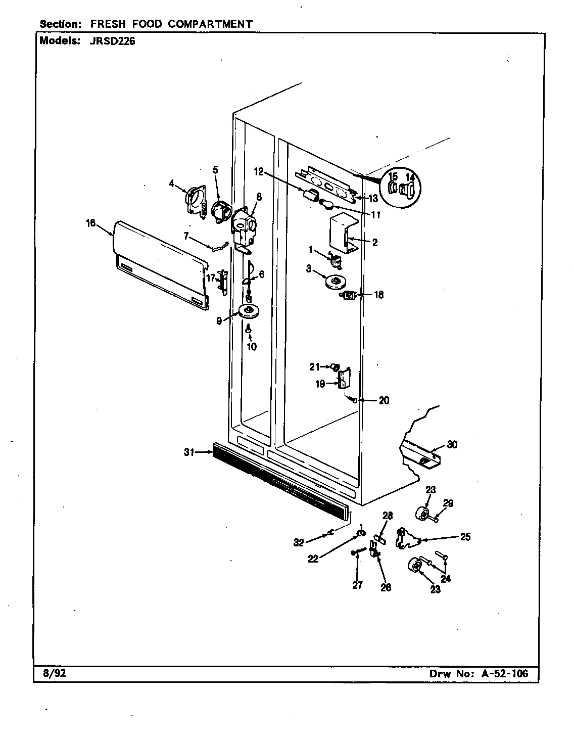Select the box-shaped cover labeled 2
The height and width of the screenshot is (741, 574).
(x=343, y=234)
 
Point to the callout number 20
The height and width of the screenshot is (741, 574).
(x=384, y=400)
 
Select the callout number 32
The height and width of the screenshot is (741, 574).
(x=299, y=542)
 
